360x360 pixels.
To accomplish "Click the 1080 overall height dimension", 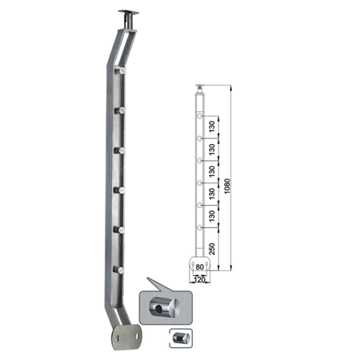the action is click(x=227, y=186).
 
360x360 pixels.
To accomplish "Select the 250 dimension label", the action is click(x=212, y=249).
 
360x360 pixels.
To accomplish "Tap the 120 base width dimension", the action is click(x=199, y=279).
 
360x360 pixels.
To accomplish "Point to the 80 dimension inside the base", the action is click(x=199, y=266).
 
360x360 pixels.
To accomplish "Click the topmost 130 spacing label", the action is click(x=212, y=126).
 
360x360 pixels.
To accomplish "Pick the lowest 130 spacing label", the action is click(x=212, y=216).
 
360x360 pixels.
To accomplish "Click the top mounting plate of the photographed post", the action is click(x=129, y=12).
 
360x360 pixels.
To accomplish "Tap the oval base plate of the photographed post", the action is click(x=126, y=337).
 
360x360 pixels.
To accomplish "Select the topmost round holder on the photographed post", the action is click(x=120, y=71).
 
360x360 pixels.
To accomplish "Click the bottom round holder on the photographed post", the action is click(x=119, y=270).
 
